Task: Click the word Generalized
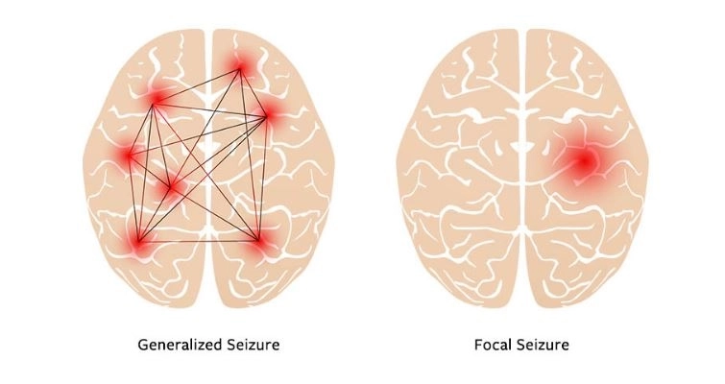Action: click(181, 345)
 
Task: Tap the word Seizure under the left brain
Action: click(254, 345)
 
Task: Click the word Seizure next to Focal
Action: click(543, 345)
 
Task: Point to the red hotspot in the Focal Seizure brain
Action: click(585, 161)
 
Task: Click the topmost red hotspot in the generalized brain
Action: click(240, 69)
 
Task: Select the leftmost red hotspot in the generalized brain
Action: click(129, 155)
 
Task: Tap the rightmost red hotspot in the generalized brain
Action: click(267, 115)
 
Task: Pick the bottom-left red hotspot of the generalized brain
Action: click(138, 241)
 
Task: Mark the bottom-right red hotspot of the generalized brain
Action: click(258, 240)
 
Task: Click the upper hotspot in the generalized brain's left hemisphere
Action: click(154, 105)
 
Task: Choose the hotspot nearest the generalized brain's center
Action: click(170, 187)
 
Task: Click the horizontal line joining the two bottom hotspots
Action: click(199, 241)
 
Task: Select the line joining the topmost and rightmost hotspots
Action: click(254, 92)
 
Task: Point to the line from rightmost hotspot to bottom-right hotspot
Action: click(262, 178)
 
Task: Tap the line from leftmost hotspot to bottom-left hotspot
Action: click(133, 198)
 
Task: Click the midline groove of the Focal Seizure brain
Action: click(522, 166)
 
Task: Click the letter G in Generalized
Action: click(143, 345)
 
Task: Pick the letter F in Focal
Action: click(478, 345)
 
